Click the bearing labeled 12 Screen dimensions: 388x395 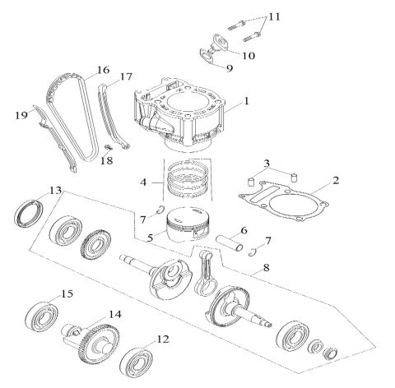274,16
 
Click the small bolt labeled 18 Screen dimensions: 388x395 126,77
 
